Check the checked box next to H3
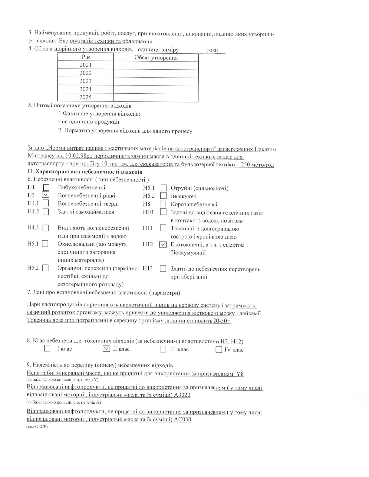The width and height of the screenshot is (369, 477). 46,195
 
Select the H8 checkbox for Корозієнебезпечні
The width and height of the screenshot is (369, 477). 163,204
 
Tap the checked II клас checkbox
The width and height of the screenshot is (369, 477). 106,349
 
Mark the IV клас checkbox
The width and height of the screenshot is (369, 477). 219,350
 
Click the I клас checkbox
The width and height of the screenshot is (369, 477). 47,349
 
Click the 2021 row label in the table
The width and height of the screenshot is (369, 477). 85,65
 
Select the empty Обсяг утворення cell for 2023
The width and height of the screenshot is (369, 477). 156,81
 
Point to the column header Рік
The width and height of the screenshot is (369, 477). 86,57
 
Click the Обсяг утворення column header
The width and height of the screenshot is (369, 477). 156,58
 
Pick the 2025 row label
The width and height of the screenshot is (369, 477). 85,97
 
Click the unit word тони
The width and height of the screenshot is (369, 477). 212,50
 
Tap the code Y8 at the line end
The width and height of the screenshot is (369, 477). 240,374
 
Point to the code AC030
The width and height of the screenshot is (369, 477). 183,420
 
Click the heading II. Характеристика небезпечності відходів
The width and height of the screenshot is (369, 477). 85,172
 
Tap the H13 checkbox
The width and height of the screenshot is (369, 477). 163,268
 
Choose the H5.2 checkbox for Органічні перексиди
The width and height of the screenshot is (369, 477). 46,268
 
